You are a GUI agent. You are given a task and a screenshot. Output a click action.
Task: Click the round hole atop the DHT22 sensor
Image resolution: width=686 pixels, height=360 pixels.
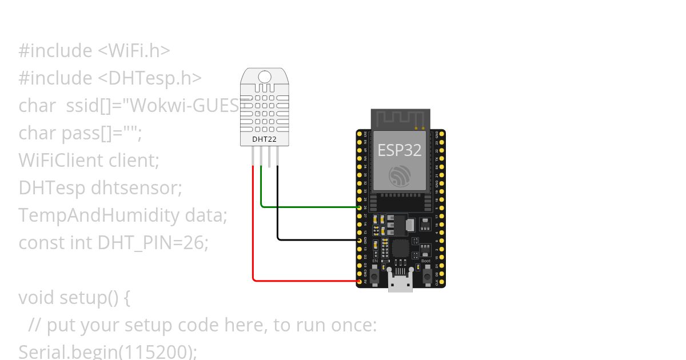(x=265, y=77)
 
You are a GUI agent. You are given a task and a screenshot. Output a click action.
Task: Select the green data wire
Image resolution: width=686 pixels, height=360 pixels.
(x=309, y=207)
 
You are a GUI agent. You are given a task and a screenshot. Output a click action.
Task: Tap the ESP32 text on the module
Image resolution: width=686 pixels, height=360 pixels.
(x=399, y=150)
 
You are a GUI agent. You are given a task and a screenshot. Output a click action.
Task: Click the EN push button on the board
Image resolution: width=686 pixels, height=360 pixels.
(x=374, y=277)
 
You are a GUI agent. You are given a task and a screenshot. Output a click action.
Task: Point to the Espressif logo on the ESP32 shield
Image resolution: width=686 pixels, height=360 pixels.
(x=399, y=175)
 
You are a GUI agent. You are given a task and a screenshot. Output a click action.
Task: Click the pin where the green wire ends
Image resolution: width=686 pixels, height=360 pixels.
(x=360, y=207)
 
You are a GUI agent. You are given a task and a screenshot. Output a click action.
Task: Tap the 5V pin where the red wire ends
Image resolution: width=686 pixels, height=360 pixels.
(x=360, y=281)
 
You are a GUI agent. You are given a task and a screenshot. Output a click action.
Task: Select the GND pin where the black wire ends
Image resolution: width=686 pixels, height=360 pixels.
(x=360, y=241)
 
